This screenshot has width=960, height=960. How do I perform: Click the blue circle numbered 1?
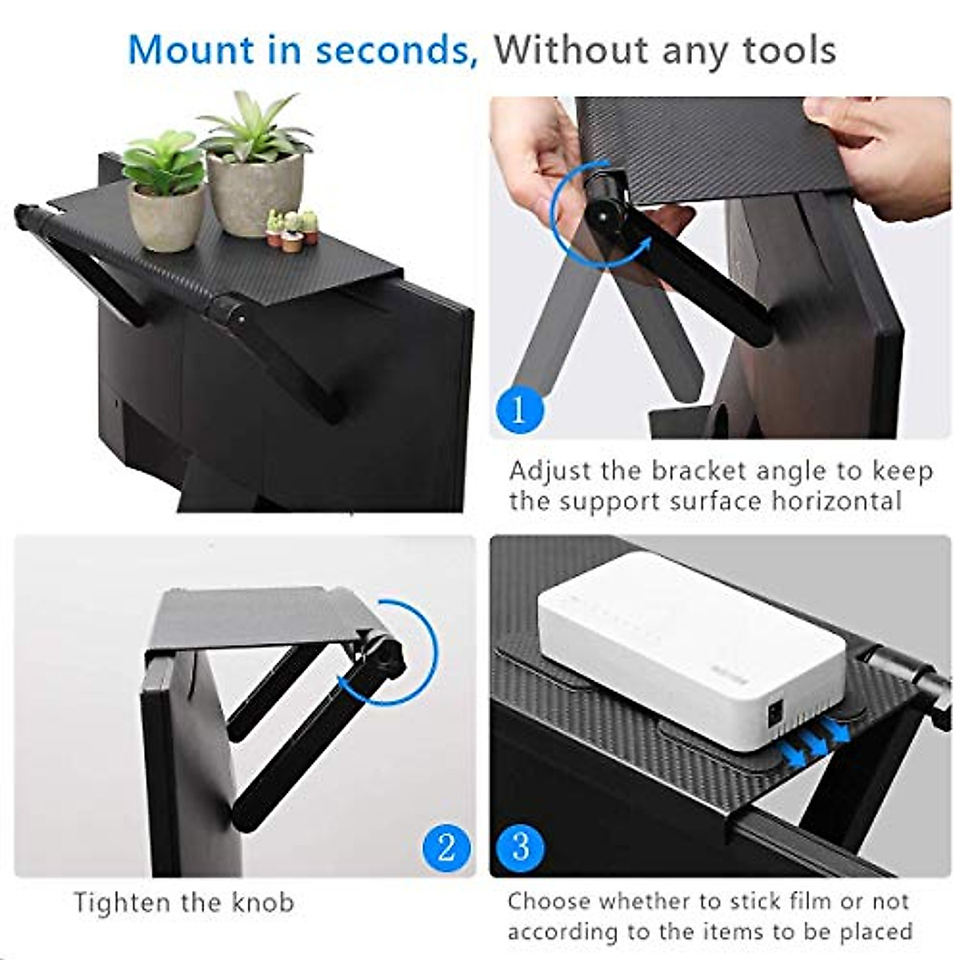pos(518,410)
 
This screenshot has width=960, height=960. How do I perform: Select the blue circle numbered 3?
pos(520,847)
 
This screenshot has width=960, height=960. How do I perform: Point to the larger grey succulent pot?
pos(254,192)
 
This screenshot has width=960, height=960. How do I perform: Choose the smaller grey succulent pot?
pos(166,216)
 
